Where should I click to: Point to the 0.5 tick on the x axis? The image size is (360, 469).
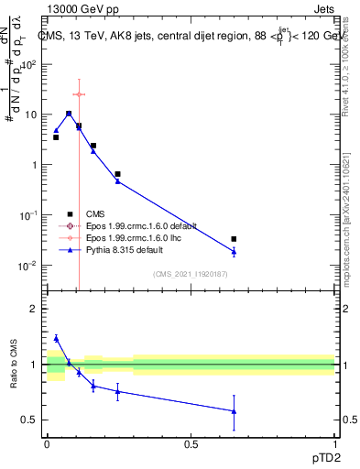pos(191,443)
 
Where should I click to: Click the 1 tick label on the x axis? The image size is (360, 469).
pos(334,443)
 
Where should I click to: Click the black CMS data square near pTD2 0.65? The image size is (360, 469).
pos(234,239)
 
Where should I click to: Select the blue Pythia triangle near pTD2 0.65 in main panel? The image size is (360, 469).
pos(234,252)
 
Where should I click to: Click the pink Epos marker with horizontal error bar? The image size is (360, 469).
pos(79,94)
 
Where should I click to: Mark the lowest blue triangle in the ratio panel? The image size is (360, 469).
pos(234,411)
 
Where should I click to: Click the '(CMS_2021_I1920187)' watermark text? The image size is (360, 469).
pos(191,273)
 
